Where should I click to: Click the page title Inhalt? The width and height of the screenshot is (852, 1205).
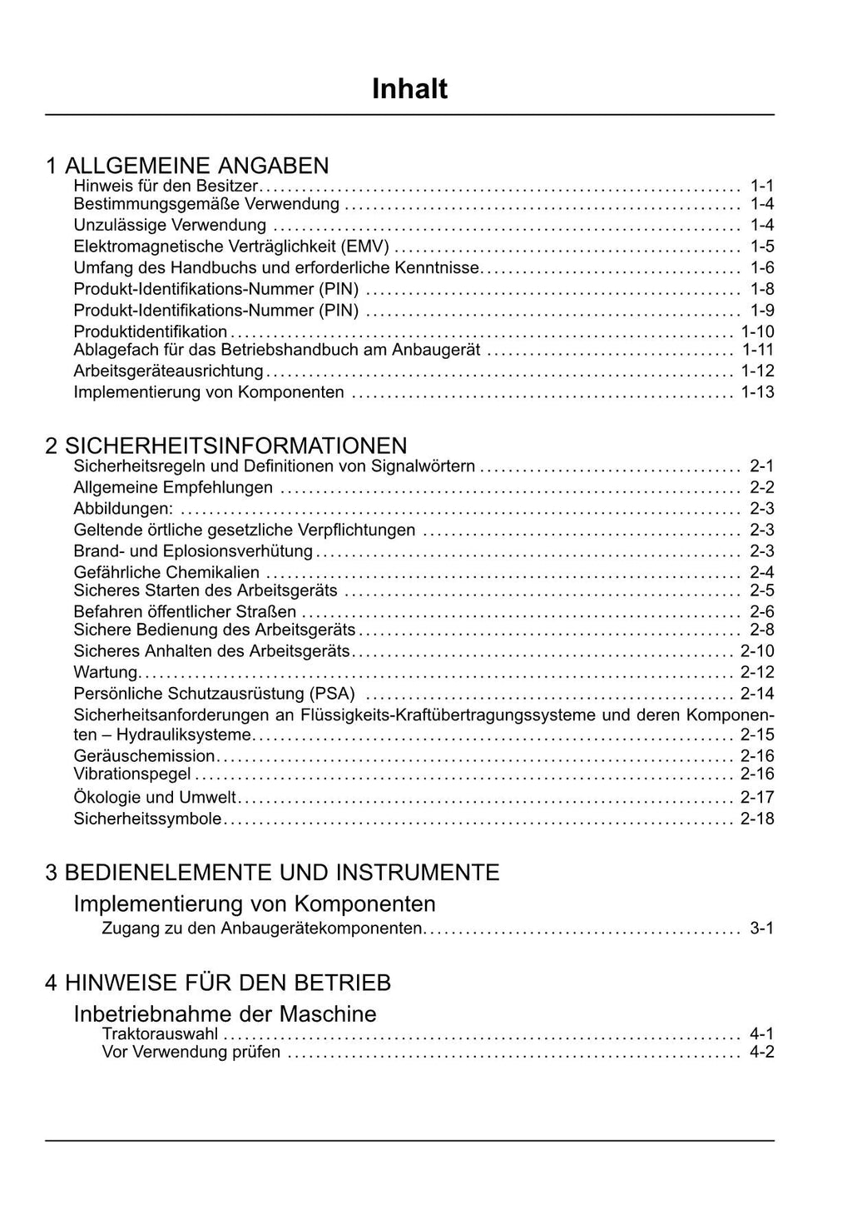[x=409, y=88]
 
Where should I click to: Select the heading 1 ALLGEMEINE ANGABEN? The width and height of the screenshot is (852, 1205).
[x=187, y=165]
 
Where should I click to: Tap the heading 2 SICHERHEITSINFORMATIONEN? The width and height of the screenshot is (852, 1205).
[x=226, y=446]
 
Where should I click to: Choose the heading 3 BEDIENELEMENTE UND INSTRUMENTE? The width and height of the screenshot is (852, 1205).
[x=272, y=872]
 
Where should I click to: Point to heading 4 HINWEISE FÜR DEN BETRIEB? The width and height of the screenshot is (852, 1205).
[x=218, y=983]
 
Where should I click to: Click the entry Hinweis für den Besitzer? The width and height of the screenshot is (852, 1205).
[x=166, y=186]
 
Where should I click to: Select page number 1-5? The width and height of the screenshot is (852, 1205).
[x=761, y=246]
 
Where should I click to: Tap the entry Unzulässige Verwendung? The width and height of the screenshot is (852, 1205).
[x=170, y=226]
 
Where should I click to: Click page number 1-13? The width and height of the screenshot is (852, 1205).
[x=757, y=392]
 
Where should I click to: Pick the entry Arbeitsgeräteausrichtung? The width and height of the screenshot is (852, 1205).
[x=168, y=371]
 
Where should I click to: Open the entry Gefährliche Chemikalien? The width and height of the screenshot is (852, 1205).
[x=166, y=572]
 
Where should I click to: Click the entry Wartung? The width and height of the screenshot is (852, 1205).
[x=106, y=672]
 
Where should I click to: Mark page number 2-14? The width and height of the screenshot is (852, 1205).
[x=757, y=694]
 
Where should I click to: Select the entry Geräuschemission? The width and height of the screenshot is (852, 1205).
[x=144, y=756]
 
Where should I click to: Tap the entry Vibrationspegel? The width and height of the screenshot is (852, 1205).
[x=131, y=774]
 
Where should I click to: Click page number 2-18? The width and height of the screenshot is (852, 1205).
[x=757, y=819]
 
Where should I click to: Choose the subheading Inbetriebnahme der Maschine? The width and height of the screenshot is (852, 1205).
[x=225, y=1013]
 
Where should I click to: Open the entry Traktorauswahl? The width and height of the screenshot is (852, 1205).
[x=160, y=1034]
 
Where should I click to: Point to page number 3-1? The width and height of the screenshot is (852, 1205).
[x=761, y=928]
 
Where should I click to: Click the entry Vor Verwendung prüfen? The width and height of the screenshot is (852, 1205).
[x=191, y=1053]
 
